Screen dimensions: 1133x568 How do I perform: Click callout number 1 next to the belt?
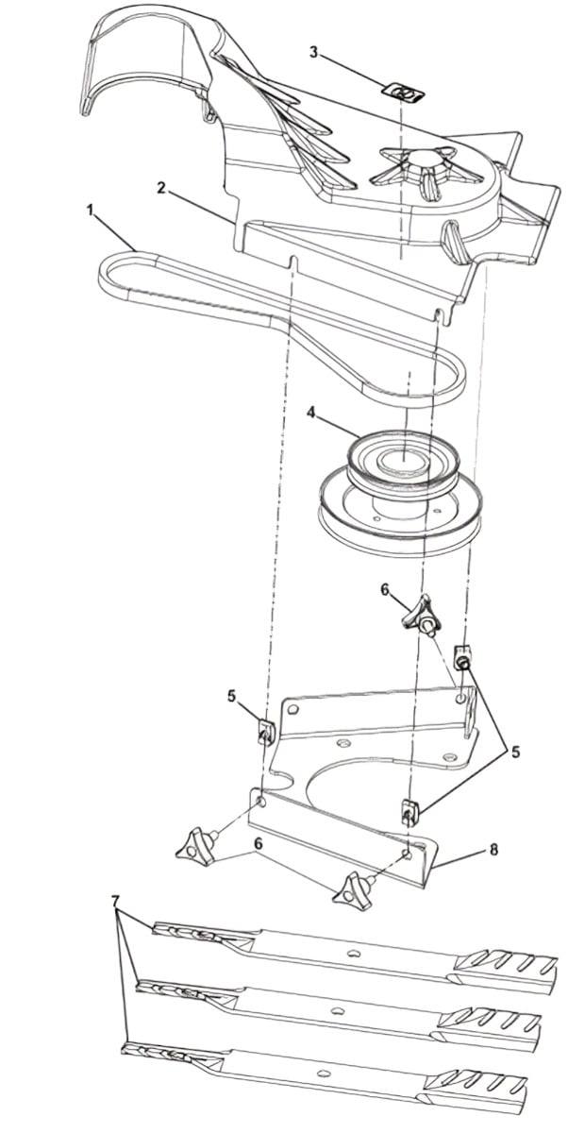91,212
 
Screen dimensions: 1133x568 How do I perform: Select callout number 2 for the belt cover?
162,188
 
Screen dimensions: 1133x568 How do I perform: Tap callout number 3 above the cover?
312,51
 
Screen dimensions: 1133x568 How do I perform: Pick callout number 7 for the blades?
116,902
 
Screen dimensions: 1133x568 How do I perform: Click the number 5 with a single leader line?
231,697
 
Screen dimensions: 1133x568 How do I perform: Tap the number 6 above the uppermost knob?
385,589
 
